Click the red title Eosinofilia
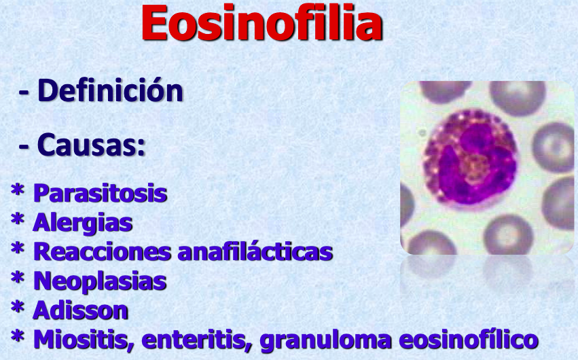(x=262, y=23)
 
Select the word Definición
(x=110, y=90)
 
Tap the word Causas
(x=91, y=145)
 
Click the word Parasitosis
(x=100, y=193)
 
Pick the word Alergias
(x=83, y=223)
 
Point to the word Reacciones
(x=102, y=252)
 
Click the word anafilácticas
(x=255, y=252)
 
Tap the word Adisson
(x=80, y=310)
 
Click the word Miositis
(x=84, y=340)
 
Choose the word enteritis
(x=197, y=340)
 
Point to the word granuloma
(x=325, y=340)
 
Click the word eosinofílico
(x=469, y=340)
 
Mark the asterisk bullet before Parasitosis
(x=18, y=190)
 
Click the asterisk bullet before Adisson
(x=18, y=307)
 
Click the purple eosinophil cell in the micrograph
(x=469, y=157)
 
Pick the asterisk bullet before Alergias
(x=18, y=219)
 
